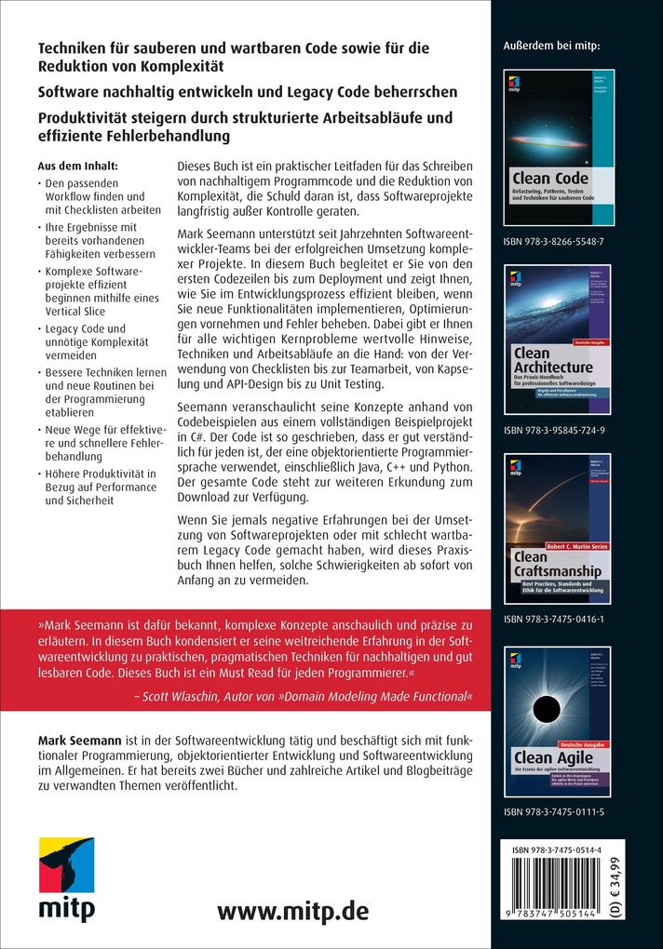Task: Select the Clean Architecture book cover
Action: coord(557,340)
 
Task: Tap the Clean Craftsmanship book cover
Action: coord(557,528)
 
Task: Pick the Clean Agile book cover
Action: coord(557,721)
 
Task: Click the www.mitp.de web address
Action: coord(293,911)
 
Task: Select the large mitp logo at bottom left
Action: coord(66,879)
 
